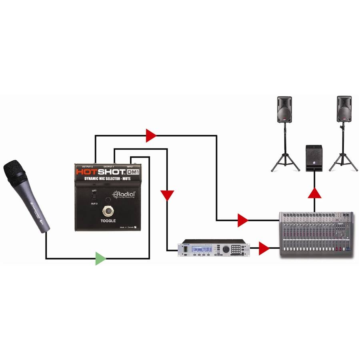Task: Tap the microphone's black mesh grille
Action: click(x=15, y=171)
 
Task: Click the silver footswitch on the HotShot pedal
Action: click(x=108, y=210)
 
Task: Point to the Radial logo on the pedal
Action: click(x=124, y=195)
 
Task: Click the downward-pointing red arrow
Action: click(x=167, y=195)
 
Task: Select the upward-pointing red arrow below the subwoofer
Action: click(x=315, y=194)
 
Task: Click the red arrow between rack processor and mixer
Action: click(x=264, y=248)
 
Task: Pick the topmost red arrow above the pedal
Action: click(x=151, y=136)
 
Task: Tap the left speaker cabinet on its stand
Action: click(x=284, y=109)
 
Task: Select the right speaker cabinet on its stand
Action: click(x=344, y=109)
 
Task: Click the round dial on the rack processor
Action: click(x=226, y=249)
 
